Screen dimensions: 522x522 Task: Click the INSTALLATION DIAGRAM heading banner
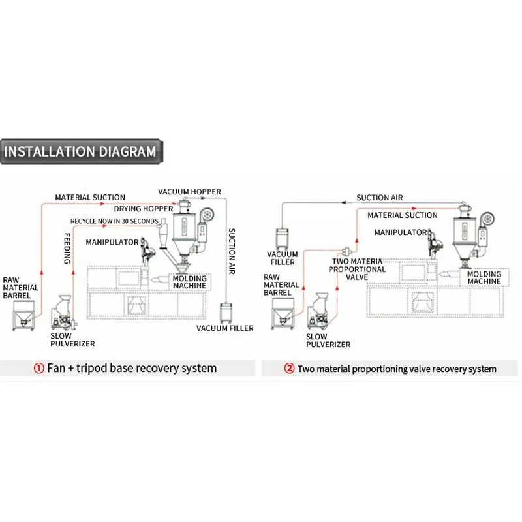(x=80, y=152)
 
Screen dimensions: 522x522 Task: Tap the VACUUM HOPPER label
(x=190, y=192)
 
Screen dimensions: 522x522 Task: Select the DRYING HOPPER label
(x=144, y=209)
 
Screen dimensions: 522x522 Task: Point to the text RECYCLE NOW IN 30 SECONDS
(x=114, y=221)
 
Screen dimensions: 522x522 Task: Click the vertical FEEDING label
(x=67, y=247)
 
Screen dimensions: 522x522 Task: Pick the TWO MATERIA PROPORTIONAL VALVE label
(x=357, y=269)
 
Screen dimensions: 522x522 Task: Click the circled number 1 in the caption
(x=39, y=368)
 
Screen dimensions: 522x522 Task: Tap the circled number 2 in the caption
(x=289, y=369)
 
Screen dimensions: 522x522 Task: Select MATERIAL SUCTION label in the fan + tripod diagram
(x=90, y=197)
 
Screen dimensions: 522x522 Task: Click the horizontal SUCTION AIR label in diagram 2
(x=379, y=198)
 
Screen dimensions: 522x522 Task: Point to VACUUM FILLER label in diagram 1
(x=225, y=328)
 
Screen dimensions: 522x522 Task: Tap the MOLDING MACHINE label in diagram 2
(x=484, y=278)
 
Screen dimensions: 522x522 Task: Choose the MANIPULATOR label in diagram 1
(x=112, y=242)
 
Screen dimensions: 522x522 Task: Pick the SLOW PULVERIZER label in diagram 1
(x=72, y=339)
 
